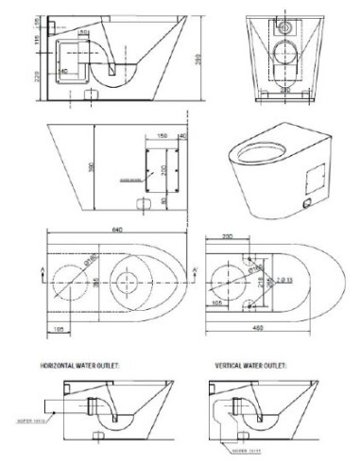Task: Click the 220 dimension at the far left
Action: pyautogui.click(x=37, y=77)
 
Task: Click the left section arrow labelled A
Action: pyautogui.click(x=34, y=273)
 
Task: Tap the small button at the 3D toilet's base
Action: pyautogui.click(x=305, y=201)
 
